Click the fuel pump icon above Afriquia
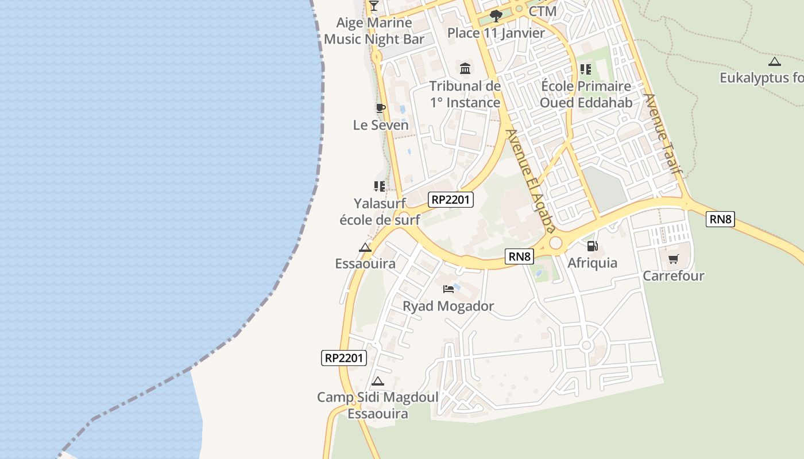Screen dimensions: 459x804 [x=592, y=246]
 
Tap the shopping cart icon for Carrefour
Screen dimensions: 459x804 [x=673, y=259]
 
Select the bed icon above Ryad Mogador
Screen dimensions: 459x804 [x=449, y=289]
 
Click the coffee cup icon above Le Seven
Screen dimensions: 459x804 [x=380, y=108]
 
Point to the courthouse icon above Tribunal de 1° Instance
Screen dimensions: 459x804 [x=465, y=69]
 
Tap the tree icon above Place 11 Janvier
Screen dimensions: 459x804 [x=496, y=15]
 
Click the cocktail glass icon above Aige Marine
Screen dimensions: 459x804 [x=374, y=6]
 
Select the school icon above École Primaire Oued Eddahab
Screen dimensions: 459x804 [x=586, y=69]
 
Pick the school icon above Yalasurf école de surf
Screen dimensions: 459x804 [x=379, y=186]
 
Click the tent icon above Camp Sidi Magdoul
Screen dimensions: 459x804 [x=377, y=381]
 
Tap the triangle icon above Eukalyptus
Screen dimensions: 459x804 [x=775, y=61]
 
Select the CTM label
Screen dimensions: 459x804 [x=543, y=11]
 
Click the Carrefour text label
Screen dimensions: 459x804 [x=673, y=276]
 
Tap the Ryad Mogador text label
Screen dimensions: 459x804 [x=448, y=306]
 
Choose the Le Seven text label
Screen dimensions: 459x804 [x=381, y=125]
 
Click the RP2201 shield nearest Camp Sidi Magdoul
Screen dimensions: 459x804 [x=343, y=358]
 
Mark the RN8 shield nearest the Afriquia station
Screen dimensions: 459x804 [x=519, y=256]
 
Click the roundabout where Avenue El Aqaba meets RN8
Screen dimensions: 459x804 [x=555, y=243]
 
